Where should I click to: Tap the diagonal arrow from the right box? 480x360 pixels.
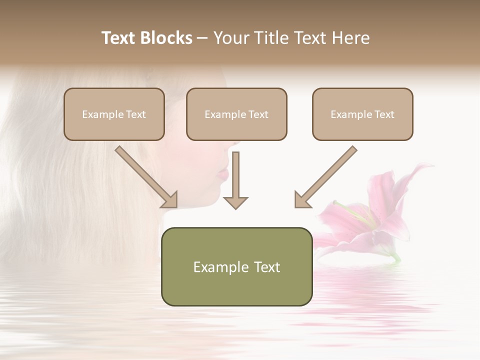pos(325,177)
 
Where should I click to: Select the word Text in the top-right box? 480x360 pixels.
pos(384,114)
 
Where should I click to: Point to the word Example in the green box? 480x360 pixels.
pos(220,267)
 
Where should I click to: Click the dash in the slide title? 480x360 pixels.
pos(202,38)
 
